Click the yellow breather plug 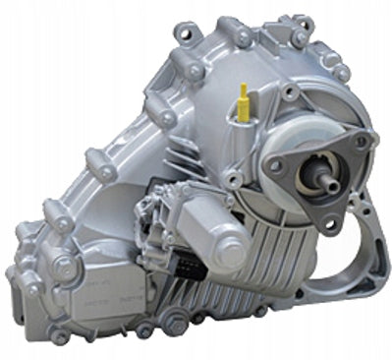[242, 98]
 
